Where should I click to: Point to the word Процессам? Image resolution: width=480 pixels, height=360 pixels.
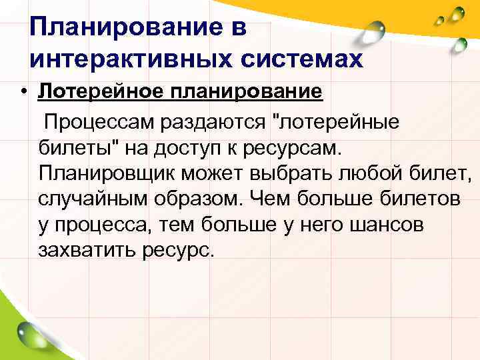[x=100, y=122]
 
